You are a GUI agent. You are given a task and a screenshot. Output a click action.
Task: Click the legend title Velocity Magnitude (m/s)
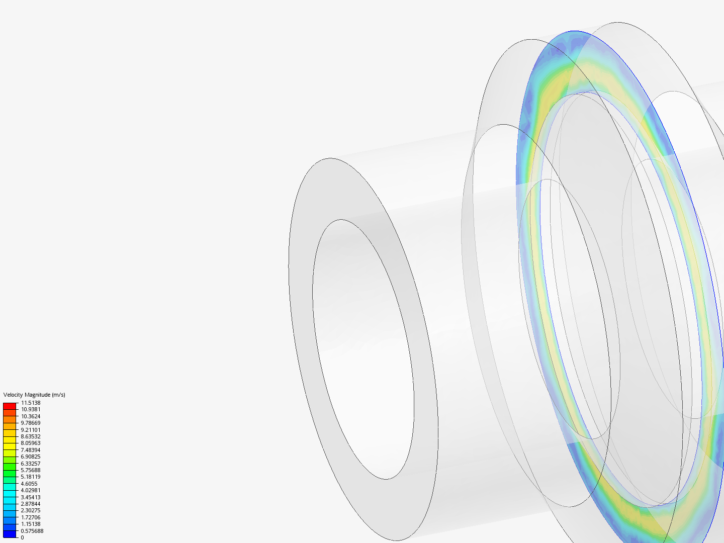[x=34, y=395]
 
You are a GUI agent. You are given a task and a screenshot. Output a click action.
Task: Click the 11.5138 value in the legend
[x=31, y=403]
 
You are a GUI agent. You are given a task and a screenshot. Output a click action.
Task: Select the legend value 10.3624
[x=31, y=416]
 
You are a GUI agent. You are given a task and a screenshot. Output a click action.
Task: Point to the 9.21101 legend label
[x=31, y=430]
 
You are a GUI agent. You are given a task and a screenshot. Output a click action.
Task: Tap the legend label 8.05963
[x=31, y=443]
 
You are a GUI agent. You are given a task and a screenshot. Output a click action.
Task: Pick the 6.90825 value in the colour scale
[x=31, y=457]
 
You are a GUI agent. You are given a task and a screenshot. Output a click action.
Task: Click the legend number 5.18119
[x=31, y=477]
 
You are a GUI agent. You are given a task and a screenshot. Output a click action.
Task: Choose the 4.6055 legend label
[x=29, y=484]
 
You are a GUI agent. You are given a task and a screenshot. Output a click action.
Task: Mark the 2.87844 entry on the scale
[x=31, y=504]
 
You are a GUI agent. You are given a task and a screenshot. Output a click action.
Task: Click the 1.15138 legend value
[x=31, y=524]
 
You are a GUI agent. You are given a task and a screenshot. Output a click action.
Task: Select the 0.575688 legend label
[x=32, y=531]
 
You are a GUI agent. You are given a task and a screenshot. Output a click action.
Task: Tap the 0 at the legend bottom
[x=22, y=537]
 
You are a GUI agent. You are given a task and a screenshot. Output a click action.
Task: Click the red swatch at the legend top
[x=10, y=406]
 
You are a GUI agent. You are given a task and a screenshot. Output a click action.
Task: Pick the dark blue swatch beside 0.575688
[x=10, y=534]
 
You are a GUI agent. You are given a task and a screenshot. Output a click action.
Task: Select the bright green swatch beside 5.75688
[x=10, y=473]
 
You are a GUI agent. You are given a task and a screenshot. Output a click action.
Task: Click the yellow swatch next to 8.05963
[x=10, y=446]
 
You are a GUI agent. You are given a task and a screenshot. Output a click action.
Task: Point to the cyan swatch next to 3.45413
[x=10, y=500]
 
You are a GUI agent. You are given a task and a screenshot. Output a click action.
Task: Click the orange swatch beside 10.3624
[x=10, y=419]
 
